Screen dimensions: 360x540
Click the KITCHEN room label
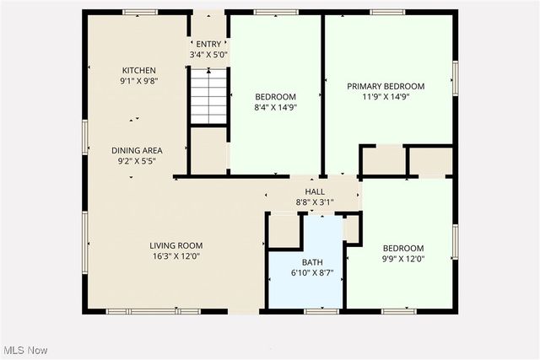[138, 70]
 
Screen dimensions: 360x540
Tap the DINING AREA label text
[136, 150]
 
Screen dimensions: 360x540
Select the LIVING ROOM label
[176, 245]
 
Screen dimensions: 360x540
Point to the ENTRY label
[208, 44]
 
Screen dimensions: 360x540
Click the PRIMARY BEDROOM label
[386, 86]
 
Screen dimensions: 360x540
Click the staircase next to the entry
[208, 96]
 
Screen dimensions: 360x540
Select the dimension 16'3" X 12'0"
[176, 256]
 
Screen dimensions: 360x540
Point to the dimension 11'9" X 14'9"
[386, 97]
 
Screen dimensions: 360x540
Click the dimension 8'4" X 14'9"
[276, 107]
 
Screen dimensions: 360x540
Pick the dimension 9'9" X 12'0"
[403, 259]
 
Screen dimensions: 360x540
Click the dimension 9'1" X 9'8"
[138, 81]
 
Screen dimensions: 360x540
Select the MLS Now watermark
[24, 350]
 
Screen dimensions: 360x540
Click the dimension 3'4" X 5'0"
[208, 55]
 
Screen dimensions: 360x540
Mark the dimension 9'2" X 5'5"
[136, 160]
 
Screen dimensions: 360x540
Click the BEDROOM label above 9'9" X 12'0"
[403, 248]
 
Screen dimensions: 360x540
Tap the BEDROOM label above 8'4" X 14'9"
[276, 96]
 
